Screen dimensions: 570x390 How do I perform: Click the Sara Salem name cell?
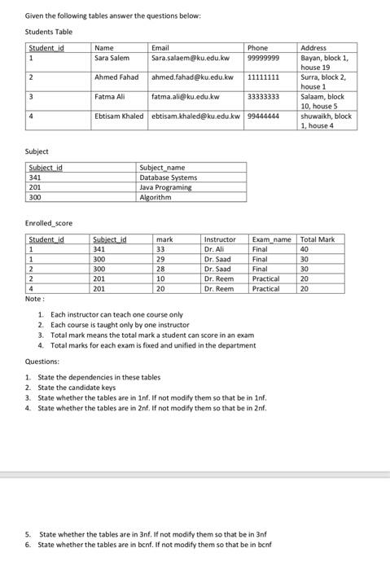[x=112, y=59]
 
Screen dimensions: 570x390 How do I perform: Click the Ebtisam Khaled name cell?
[x=119, y=116]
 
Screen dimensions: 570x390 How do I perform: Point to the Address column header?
[x=313, y=48]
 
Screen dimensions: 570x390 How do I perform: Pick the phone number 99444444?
[x=263, y=116]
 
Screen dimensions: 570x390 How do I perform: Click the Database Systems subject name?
[x=168, y=177]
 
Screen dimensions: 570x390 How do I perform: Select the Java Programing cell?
[x=165, y=186]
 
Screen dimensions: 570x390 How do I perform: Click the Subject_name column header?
[x=162, y=167]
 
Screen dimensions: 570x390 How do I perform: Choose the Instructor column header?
[x=220, y=239]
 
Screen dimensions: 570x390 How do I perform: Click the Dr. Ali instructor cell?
[x=215, y=249]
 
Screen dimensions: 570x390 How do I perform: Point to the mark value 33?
[x=160, y=249]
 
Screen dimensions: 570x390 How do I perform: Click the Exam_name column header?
[x=272, y=239]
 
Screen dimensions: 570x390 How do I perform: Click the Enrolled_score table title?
[x=50, y=222]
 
